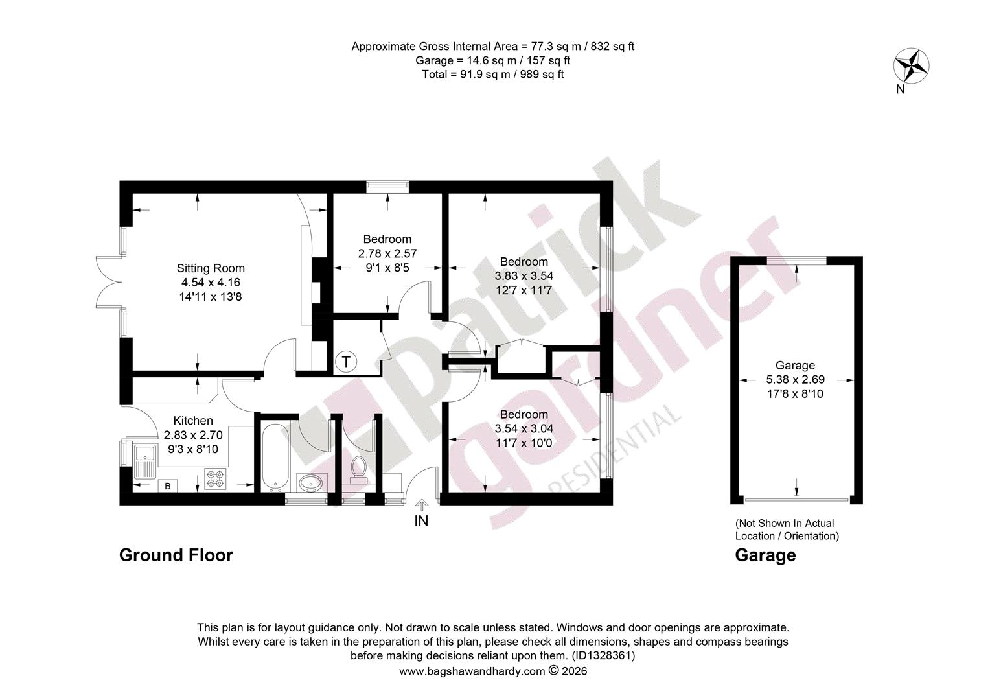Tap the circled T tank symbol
(345, 362)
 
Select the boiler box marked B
(168, 486)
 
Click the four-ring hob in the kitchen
(215, 480)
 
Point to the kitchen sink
(145, 461)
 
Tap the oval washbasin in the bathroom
(312, 483)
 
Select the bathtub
(275, 458)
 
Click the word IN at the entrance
(421, 521)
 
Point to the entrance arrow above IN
(422, 505)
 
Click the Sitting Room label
(211, 268)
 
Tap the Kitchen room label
(193, 421)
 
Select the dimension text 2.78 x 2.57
(387, 253)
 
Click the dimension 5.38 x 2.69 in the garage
(796, 379)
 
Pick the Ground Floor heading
(176, 555)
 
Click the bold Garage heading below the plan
(765, 555)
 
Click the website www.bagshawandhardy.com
(472, 671)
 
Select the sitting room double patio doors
(109, 282)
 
